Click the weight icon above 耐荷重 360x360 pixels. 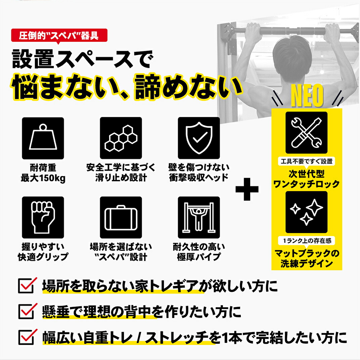tap(43, 138)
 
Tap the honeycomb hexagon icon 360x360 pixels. tap(121, 138)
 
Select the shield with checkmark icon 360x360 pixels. tap(199, 138)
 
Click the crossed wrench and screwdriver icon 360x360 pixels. tap(306, 133)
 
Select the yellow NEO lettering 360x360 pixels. tap(307, 95)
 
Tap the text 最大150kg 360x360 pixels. tap(43, 178)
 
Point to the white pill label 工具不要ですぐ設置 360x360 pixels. tap(306, 162)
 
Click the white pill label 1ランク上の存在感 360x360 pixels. tap(306, 241)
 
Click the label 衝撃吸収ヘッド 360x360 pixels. tap(199, 178)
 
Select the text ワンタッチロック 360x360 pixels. tap(306, 184)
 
